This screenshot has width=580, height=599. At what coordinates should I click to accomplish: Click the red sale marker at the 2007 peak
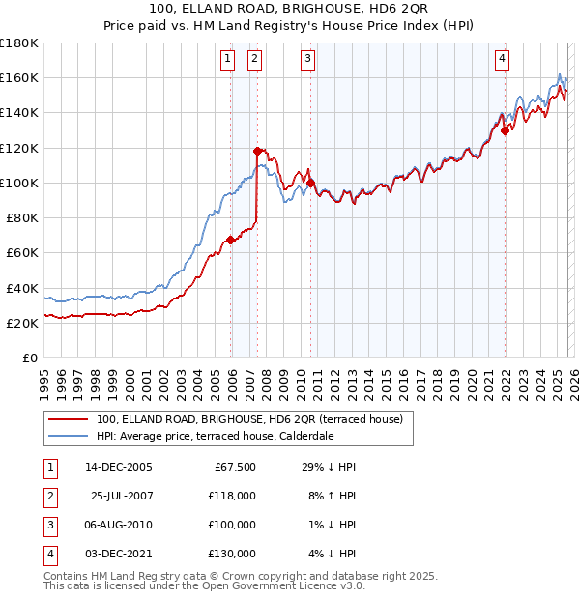click(257, 151)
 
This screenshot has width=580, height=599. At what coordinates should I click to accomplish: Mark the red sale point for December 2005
click(230, 240)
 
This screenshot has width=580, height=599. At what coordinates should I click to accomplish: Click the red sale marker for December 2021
click(506, 130)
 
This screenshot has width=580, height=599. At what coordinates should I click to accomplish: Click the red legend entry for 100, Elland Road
click(255, 419)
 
